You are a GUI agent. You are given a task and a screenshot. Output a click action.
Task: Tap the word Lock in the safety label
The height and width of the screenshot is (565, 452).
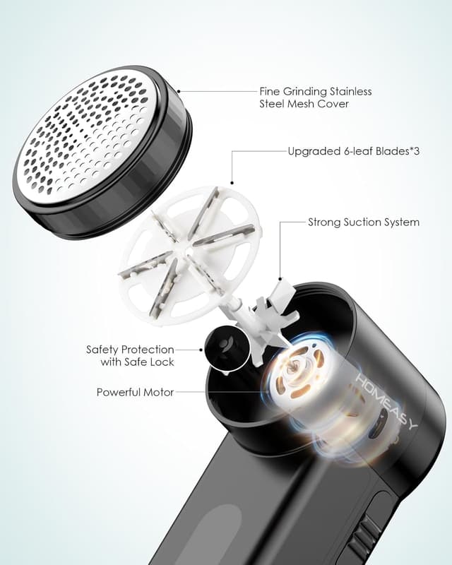tap(162, 362)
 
